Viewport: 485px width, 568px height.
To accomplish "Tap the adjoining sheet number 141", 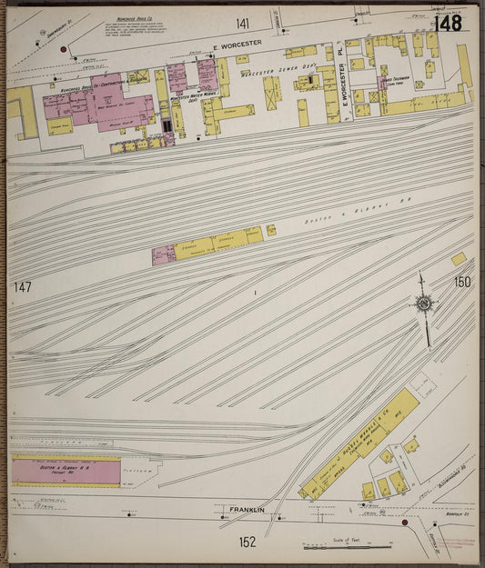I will point(242,23).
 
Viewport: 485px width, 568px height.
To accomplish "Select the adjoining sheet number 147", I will point(23,287).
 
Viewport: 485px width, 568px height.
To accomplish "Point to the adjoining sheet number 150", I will point(462,283).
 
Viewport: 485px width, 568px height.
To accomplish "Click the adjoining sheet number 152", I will point(248,543).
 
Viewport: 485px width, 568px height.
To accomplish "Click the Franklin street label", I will point(247,510).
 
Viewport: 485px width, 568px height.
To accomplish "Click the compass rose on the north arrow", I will point(423,304).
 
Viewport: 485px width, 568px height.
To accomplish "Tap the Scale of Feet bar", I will point(348,545).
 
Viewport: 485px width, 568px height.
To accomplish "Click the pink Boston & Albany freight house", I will point(66,472).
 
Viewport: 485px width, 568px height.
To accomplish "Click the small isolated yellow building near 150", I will point(459,259).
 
